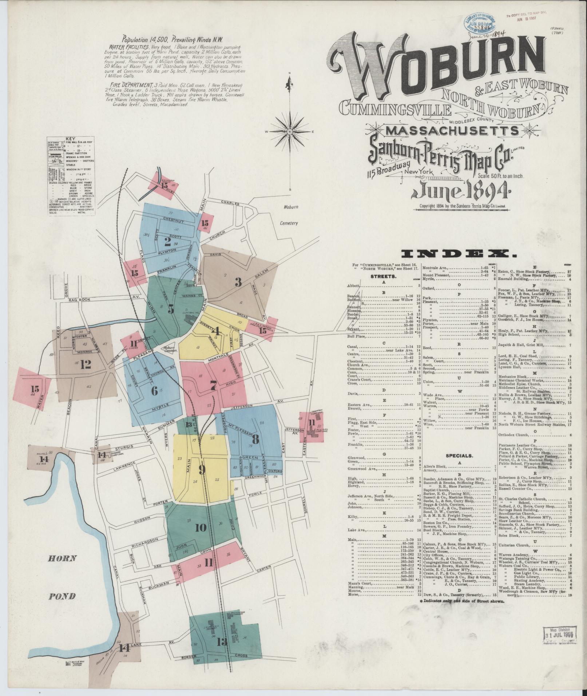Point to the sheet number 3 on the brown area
point(238,282)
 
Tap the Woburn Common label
point(168,349)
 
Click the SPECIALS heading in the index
point(458,455)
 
